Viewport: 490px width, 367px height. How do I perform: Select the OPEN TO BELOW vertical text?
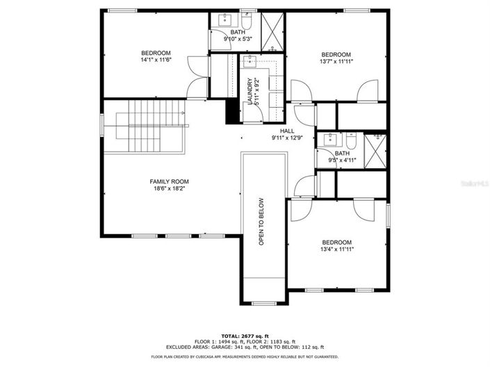[262, 223]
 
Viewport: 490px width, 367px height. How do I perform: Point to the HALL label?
[287, 131]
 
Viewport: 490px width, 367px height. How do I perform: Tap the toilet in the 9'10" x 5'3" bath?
[247, 17]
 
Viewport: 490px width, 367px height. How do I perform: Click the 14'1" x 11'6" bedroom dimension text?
[156, 60]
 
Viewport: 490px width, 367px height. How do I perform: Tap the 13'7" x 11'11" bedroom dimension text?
[335, 62]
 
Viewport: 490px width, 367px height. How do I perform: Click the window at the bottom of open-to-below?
[263, 303]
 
